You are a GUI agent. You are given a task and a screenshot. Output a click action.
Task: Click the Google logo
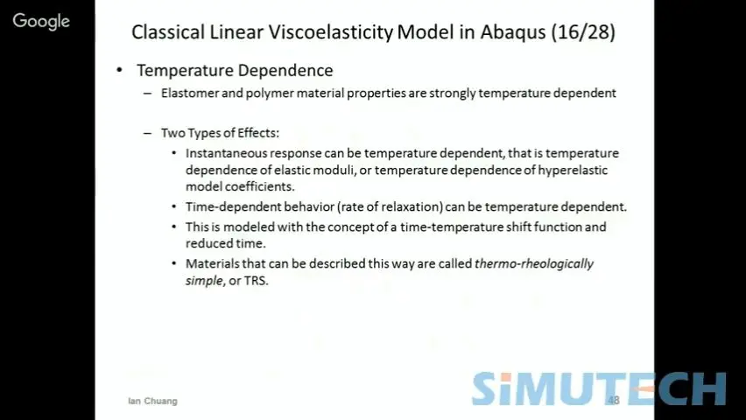pos(41,21)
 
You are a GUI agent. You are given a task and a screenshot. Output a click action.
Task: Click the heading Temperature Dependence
pos(235,70)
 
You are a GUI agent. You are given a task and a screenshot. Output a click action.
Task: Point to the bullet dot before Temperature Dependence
pos(119,70)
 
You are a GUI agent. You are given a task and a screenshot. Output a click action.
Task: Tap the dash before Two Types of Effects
pos(147,133)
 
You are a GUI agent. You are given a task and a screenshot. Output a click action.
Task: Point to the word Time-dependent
pos(233,206)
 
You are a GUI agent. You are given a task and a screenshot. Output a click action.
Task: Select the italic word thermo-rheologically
pos(534,264)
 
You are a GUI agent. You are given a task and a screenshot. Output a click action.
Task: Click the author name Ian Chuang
pos(152,401)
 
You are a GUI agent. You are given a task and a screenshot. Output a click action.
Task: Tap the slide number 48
pos(614,400)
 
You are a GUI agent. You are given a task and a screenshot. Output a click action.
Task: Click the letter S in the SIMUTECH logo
pos(487,388)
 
